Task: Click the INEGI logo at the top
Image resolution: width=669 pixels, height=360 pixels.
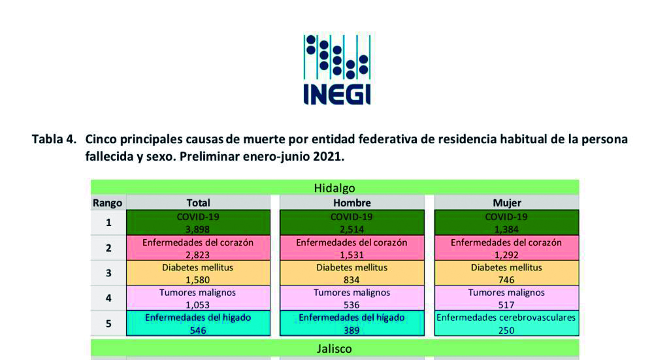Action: (x=336, y=69)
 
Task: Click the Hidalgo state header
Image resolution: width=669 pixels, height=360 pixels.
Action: (x=335, y=188)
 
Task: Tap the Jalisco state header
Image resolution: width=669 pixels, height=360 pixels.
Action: (x=335, y=348)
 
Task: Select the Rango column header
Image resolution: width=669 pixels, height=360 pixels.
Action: (x=108, y=203)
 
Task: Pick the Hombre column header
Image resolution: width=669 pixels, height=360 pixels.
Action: (x=352, y=203)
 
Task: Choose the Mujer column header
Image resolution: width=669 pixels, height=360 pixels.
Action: (x=507, y=203)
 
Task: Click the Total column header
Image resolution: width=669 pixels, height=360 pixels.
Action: (x=199, y=203)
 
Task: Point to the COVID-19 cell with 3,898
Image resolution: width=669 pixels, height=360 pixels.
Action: (x=199, y=222)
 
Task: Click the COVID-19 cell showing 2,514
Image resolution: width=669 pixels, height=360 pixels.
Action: (x=352, y=222)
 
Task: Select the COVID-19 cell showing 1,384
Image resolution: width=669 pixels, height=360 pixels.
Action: (x=507, y=222)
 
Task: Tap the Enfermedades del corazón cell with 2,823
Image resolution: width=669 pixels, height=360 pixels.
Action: (x=199, y=248)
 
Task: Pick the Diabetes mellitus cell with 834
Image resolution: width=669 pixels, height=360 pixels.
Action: (x=352, y=273)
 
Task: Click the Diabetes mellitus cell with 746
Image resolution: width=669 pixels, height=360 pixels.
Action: (x=507, y=273)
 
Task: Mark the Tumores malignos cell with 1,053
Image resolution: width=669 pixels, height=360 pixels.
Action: (x=199, y=298)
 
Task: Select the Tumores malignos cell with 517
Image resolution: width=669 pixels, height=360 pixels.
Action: (x=507, y=298)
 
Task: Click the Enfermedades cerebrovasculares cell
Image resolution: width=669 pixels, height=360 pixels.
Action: (x=507, y=323)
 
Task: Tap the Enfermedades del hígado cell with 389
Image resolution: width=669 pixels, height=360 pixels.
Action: (x=352, y=323)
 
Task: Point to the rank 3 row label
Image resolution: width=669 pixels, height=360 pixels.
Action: (x=108, y=273)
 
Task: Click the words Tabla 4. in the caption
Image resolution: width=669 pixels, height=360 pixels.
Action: (x=54, y=139)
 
